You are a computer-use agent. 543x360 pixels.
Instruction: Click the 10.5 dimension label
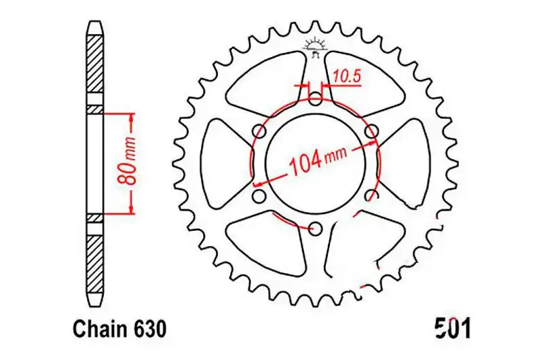[348, 77]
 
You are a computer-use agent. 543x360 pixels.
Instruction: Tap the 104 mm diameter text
[318, 161]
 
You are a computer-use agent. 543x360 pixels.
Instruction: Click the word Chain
[98, 329]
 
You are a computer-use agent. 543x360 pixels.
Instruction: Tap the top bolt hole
[315, 98]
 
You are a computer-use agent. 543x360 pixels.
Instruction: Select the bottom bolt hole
[315, 228]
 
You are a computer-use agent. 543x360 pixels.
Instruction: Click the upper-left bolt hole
[259, 131]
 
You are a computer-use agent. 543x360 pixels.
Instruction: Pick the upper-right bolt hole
[371, 131]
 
